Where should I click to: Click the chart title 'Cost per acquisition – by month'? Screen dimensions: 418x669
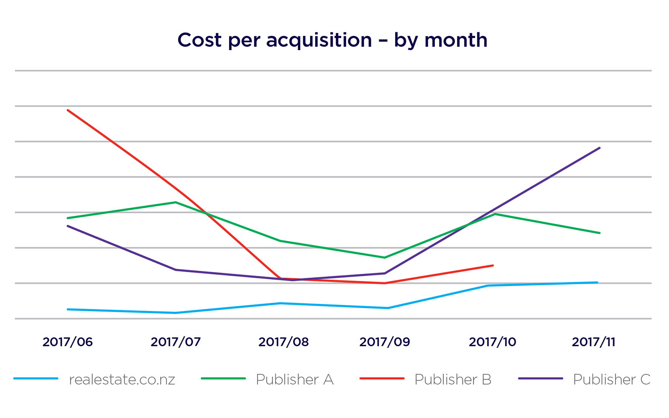coord(332,41)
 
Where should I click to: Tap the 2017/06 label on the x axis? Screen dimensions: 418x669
coord(67,342)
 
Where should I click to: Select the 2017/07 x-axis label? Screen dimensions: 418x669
coord(176,342)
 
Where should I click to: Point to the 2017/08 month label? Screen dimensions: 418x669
coord(283,342)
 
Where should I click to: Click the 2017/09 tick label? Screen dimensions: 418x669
coord(385,342)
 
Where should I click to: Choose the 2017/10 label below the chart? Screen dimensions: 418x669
coord(493,342)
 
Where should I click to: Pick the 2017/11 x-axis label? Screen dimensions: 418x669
coord(594,342)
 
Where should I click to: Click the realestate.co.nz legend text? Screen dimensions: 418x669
coord(122,380)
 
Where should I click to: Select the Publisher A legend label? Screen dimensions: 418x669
coord(295,380)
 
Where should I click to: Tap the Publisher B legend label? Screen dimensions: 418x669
coord(453,380)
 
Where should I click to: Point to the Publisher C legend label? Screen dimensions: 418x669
coord(612,380)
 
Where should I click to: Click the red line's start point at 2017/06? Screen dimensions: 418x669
coord(68,110)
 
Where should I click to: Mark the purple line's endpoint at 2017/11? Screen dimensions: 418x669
coord(600,148)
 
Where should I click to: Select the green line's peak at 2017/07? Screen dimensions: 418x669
coord(176,202)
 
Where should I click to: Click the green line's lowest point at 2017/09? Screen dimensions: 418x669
coord(385,257)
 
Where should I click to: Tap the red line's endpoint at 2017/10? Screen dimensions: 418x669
coord(493,265)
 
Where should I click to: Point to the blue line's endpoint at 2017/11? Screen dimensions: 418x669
coord(597,283)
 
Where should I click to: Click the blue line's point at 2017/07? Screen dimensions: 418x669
coord(176,313)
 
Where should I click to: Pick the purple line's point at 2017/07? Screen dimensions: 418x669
coord(176,270)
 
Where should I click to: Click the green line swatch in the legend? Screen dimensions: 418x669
coord(223,379)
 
